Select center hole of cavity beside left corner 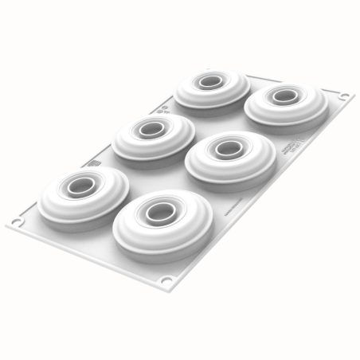tap(82, 186)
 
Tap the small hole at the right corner tap(344, 96)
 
